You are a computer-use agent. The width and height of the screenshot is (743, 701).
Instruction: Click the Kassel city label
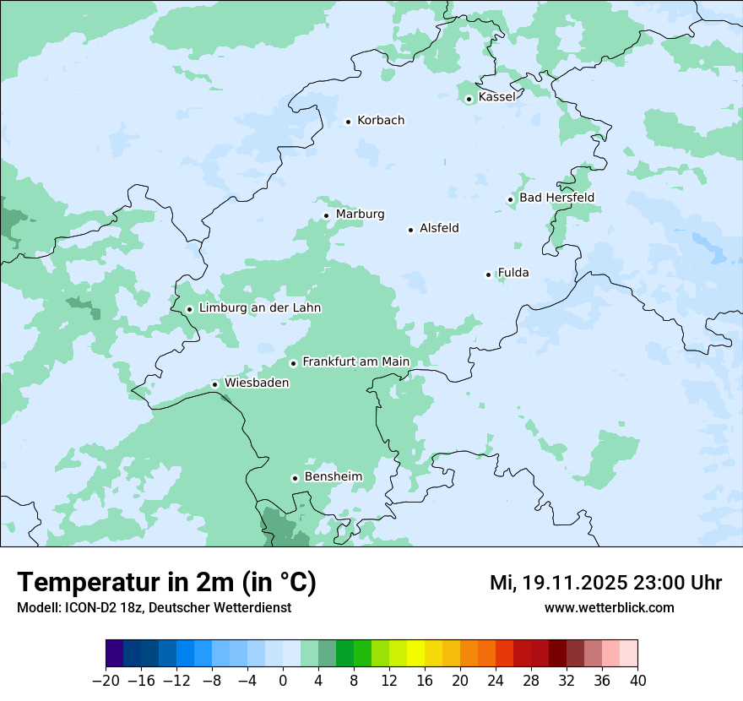pos(496,97)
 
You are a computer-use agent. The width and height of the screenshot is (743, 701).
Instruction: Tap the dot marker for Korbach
pos(348,122)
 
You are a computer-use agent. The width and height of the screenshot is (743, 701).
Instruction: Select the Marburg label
pos(360,215)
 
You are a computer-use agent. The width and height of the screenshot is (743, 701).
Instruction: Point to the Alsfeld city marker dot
pos(411,230)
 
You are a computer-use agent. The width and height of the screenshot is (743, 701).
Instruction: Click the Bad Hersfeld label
pos(556,198)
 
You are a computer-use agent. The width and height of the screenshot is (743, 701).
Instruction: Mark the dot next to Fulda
pos(488,274)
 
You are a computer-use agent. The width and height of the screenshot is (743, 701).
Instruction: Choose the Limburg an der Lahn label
pos(259,308)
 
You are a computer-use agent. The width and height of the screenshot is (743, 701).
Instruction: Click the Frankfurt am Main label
pos(355,361)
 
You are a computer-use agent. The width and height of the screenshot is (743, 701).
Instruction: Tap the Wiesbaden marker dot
pos(215,384)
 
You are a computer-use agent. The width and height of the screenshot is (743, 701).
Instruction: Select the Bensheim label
pos(333,477)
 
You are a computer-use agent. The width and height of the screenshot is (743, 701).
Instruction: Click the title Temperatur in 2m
pos(166,582)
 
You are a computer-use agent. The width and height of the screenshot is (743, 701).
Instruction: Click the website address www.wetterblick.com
pos(609,607)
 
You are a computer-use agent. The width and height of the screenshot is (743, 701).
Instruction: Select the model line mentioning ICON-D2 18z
pos(154,607)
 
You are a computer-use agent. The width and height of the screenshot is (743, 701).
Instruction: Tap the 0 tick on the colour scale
pos(283,681)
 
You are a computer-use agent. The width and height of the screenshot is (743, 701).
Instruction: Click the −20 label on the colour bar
pos(106,681)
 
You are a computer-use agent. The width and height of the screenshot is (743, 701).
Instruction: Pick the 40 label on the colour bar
pos(637,681)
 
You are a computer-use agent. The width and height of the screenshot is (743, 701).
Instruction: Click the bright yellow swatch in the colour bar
pos(415,654)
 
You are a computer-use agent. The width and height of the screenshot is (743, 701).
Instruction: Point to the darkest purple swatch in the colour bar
pos(115,654)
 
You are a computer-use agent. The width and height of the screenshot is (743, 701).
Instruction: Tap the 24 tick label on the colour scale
pos(496,681)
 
